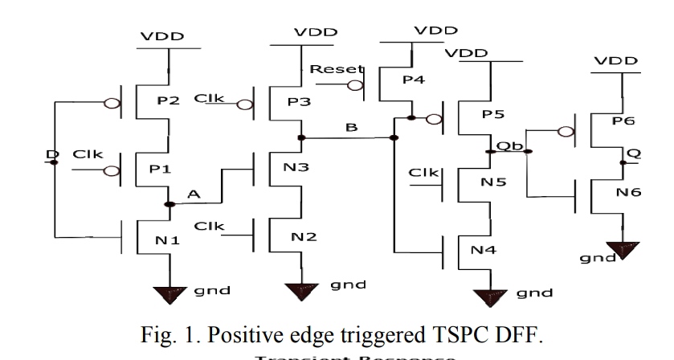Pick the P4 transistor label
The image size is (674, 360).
(415, 80)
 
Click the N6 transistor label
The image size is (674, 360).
(626, 194)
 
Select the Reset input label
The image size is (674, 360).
(327, 70)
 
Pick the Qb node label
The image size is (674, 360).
(505, 145)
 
